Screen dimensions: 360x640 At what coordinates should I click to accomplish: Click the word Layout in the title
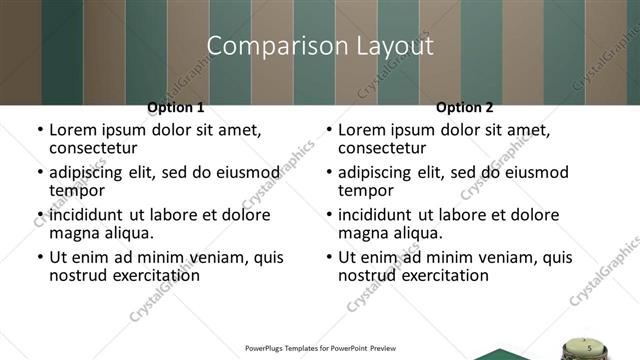point(394,46)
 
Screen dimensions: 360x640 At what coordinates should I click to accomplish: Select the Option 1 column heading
point(176,107)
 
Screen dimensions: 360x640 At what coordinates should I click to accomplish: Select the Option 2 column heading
point(465,107)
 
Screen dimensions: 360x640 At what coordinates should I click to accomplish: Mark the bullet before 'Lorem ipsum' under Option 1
point(40,130)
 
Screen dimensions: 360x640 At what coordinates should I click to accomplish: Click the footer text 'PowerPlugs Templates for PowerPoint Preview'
point(320,349)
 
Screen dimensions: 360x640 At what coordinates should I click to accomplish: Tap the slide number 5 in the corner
point(589,347)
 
